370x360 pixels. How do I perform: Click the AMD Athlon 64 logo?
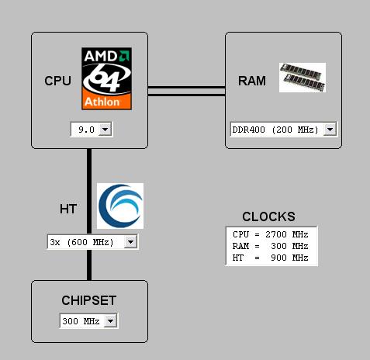click(x=106, y=78)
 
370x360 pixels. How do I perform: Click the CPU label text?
click(x=57, y=81)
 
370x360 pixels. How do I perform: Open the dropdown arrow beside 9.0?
click(x=105, y=129)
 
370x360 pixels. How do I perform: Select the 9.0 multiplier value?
click(x=86, y=130)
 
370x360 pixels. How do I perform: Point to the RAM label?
click(x=252, y=81)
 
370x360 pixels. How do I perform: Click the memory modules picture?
click(x=303, y=78)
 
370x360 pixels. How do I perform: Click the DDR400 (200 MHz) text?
click(x=275, y=130)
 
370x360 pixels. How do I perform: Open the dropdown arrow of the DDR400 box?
click(x=330, y=129)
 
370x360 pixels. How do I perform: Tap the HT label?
click(x=68, y=209)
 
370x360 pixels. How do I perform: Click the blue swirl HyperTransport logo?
click(x=120, y=206)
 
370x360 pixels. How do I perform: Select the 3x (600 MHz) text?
click(x=81, y=242)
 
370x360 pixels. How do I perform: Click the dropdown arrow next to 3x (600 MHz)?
click(x=130, y=242)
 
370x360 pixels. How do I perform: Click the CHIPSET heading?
click(x=89, y=300)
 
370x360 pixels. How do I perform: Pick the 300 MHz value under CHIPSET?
click(x=81, y=321)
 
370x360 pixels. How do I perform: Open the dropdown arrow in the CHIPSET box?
click(x=111, y=321)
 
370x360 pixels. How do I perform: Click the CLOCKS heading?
click(x=268, y=216)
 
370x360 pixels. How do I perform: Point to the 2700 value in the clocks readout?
click(x=276, y=234)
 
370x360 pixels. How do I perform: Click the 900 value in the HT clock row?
click(x=279, y=258)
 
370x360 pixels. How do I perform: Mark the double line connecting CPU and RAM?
click(x=186, y=91)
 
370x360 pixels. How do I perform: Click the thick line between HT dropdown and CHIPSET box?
click(x=89, y=265)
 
